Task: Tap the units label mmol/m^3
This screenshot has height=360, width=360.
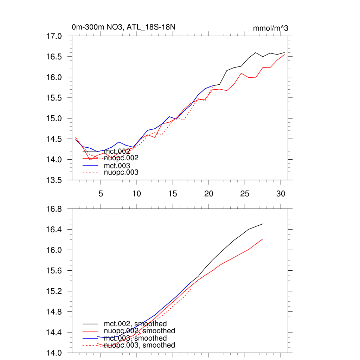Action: tap(270, 28)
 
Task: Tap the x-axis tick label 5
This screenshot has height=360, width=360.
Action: tap(101, 193)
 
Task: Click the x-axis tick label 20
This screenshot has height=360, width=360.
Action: tap(209, 193)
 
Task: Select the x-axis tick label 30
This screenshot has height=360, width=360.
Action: tap(281, 193)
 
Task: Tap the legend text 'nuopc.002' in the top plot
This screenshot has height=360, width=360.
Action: tap(121, 158)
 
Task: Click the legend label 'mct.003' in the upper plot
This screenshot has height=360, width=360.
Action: tap(117, 165)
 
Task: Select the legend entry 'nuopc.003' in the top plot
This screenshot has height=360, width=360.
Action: tap(121, 172)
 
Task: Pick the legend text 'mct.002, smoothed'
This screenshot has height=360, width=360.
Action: tap(135, 323)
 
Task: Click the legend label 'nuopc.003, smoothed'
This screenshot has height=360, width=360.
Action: tap(139, 345)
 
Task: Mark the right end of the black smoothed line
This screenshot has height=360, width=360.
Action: tap(263, 224)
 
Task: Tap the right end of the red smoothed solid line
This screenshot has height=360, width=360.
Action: tap(263, 239)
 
